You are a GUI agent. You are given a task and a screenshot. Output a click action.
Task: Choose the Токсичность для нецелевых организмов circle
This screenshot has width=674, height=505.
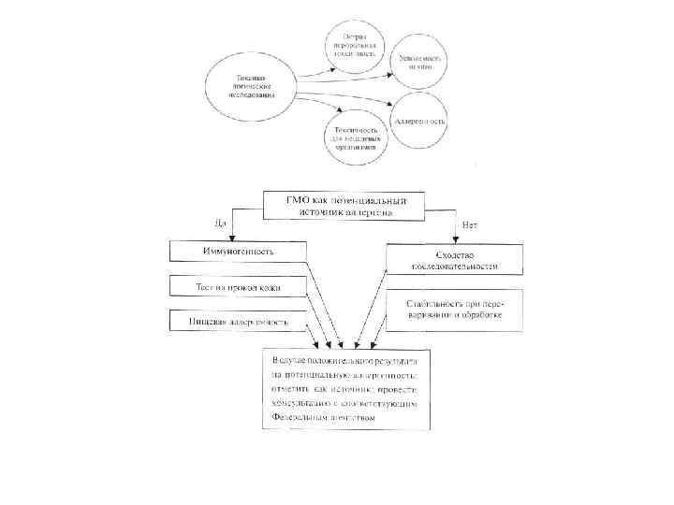click(x=358, y=133)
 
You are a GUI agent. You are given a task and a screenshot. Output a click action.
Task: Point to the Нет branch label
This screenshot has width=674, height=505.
click(x=471, y=224)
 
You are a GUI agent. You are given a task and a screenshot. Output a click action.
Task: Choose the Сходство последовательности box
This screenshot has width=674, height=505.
click(x=454, y=259)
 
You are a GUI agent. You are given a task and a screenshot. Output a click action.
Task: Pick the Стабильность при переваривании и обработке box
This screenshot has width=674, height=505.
click(x=454, y=309)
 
